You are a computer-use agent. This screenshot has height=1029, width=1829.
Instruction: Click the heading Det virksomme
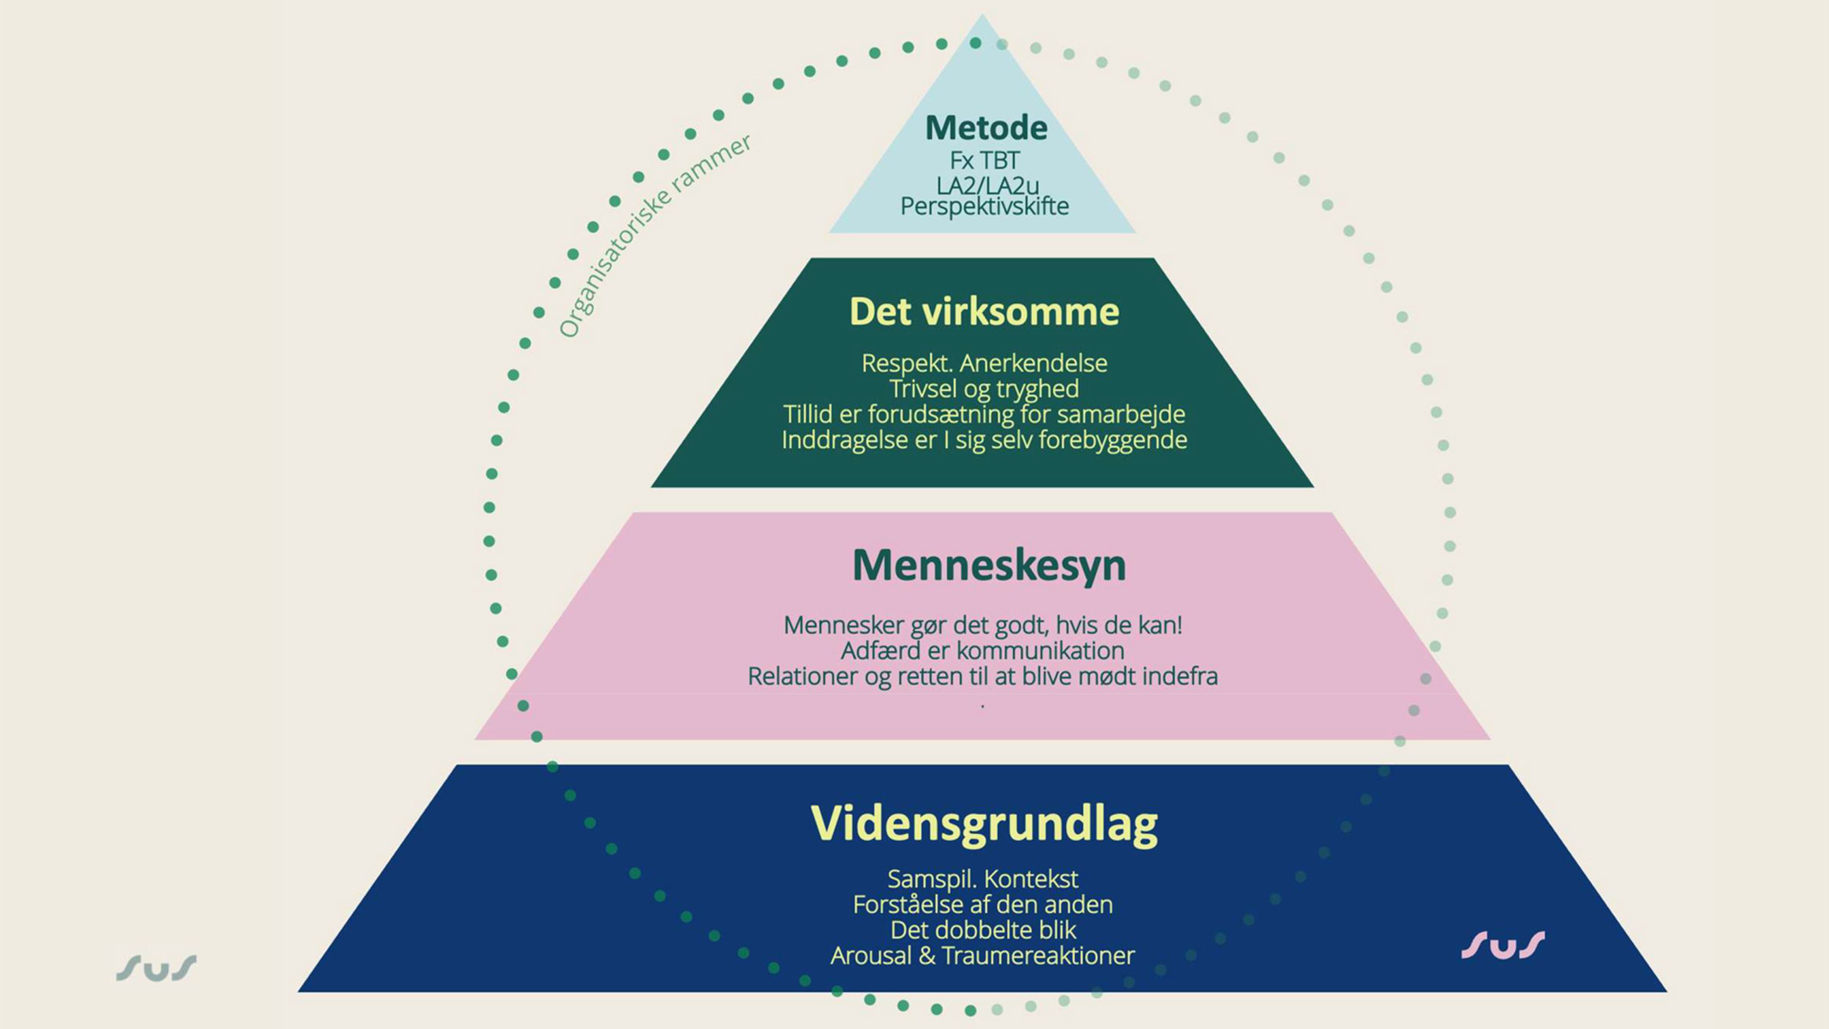[x=984, y=312]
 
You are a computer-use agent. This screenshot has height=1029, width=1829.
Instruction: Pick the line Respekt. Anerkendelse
[x=984, y=363]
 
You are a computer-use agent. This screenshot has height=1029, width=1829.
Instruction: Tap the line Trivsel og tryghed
[x=984, y=389]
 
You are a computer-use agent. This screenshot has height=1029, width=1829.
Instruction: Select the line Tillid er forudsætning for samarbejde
[x=984, y=415]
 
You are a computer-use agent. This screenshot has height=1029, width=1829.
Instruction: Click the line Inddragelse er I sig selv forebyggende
[x=984, y=440]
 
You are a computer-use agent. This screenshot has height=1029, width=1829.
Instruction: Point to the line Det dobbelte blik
[x=983, y=931]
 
